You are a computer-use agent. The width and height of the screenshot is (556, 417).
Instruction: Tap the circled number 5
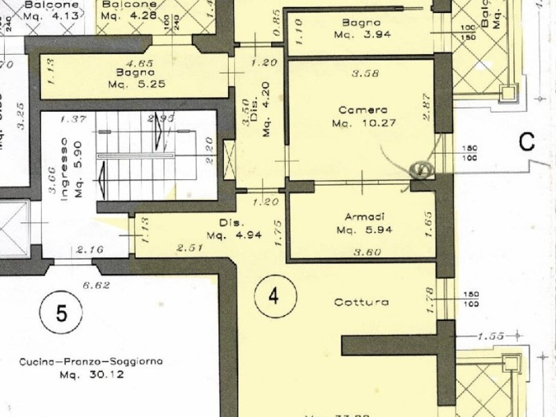coord(61,313)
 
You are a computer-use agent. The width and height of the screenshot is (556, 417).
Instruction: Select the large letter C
coord(527,142)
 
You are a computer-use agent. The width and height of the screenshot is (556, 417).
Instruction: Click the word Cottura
coord(360,302)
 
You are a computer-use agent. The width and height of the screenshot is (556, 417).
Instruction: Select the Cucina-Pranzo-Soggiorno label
coord(91,361)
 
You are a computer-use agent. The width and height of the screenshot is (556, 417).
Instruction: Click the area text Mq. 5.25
coord(134,85)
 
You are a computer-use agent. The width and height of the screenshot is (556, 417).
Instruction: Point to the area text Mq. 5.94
coord(361,229)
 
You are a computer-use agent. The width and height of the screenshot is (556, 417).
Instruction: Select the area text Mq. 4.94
coord(239,235)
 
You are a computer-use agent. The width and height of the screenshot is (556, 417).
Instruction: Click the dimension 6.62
coord(97,284)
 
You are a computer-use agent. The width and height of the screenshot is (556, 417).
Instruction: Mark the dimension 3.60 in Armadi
coord(367,252)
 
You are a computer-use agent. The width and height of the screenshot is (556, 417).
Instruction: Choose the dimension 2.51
coord(190,247)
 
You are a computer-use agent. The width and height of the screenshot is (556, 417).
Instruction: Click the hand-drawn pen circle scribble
coord(422,168)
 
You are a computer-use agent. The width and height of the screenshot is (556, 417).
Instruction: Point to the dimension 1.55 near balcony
coord(491,336)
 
